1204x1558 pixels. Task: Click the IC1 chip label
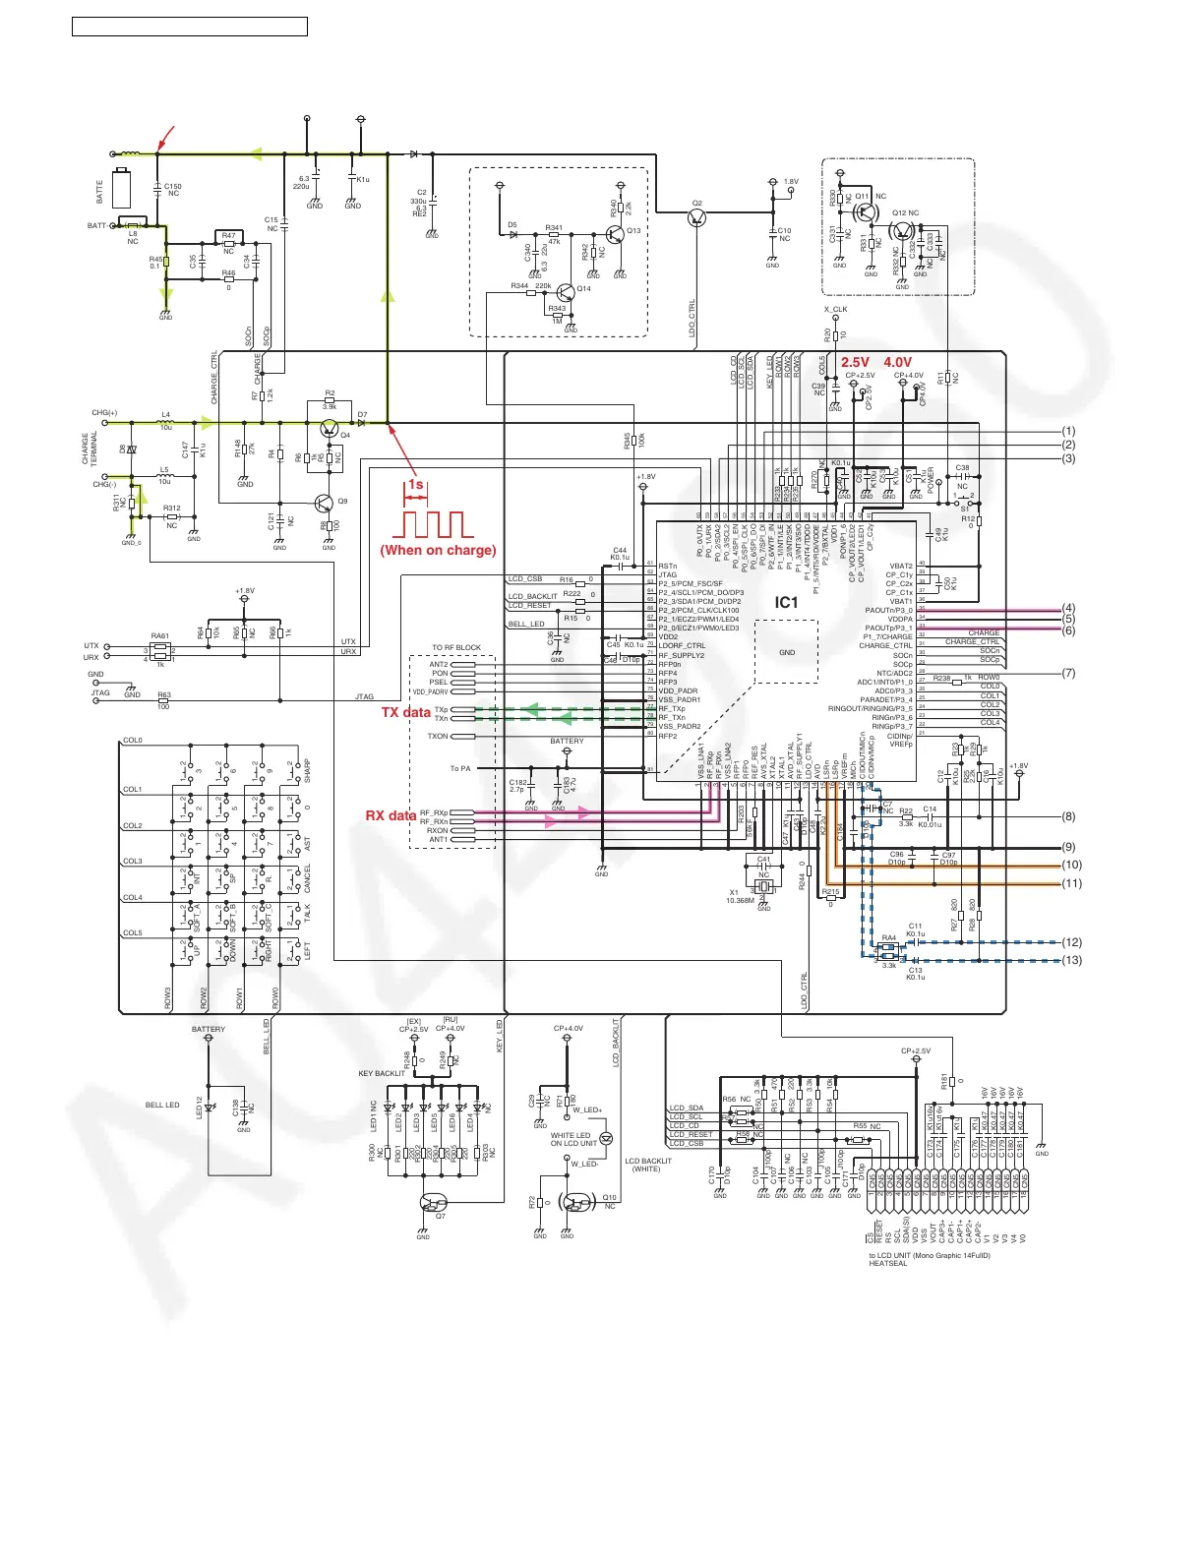tap(786, 603)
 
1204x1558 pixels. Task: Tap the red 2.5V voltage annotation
tap(855, 362)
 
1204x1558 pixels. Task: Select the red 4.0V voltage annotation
tap(898, 362)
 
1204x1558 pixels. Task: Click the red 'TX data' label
tap(405, 712)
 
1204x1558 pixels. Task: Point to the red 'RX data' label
tap(391, 815)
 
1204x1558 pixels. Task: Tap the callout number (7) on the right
tap(1069, 674)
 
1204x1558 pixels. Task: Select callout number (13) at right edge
tap(1071, 960)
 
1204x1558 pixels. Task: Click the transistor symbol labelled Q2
tap(697, 217)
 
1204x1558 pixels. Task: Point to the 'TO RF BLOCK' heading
tap(456, 648)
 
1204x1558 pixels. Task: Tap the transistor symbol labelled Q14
tap(567, 293)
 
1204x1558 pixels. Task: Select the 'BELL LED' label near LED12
tap(162, 1105)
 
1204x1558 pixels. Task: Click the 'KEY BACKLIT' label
tap(382, 1073)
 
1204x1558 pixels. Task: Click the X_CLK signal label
tap(835, 309)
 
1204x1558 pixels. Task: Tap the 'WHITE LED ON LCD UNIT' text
tap(573, 1139)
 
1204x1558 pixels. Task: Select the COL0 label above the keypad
tap(133, 741)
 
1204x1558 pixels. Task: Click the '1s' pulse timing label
tap(416, 485)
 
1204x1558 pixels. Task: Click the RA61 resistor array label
tap(160, 635)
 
